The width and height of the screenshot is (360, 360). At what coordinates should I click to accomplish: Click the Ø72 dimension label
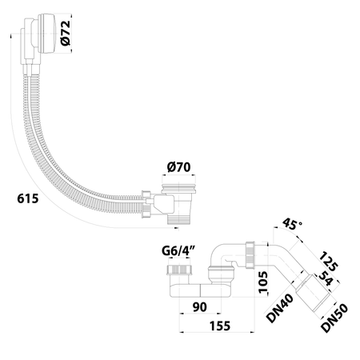point(66,33)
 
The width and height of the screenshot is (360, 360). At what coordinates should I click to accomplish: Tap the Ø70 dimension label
point(178,167)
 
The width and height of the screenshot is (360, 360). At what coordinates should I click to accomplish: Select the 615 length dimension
point(28,198)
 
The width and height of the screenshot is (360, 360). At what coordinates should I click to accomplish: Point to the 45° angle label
point(292,224)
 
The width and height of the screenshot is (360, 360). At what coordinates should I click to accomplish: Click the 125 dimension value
point(329,261)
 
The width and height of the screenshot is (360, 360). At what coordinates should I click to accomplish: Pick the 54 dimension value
point(326,278)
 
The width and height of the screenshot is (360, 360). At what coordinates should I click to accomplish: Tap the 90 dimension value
point(199,307)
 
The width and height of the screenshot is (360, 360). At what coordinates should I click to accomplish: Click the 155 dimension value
point(220,326)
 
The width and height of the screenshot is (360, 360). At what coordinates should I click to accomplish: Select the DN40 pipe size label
point(280,308)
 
